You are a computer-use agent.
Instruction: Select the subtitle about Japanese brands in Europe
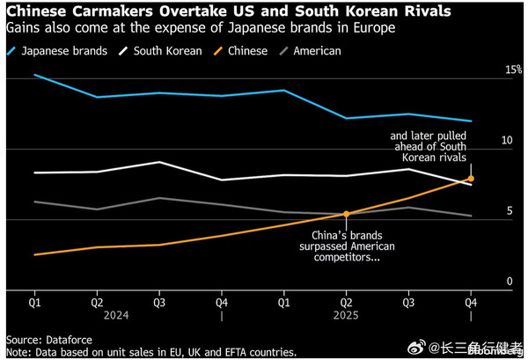click(x=199, y=29)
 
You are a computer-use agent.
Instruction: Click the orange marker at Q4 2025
click(x=471, y=179)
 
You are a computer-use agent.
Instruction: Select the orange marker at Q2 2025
click(x=346, y=213)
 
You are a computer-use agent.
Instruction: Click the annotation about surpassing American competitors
click(x=354, y=246)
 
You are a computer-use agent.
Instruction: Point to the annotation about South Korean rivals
click(x=428, y=146)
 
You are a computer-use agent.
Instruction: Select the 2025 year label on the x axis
click(x=346, y=313)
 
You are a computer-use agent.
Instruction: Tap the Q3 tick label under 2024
click(x=158, y=301)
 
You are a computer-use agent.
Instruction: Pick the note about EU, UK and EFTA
click(x=151, y=351)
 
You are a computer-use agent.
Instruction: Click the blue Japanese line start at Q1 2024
click(x=34, y=75)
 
